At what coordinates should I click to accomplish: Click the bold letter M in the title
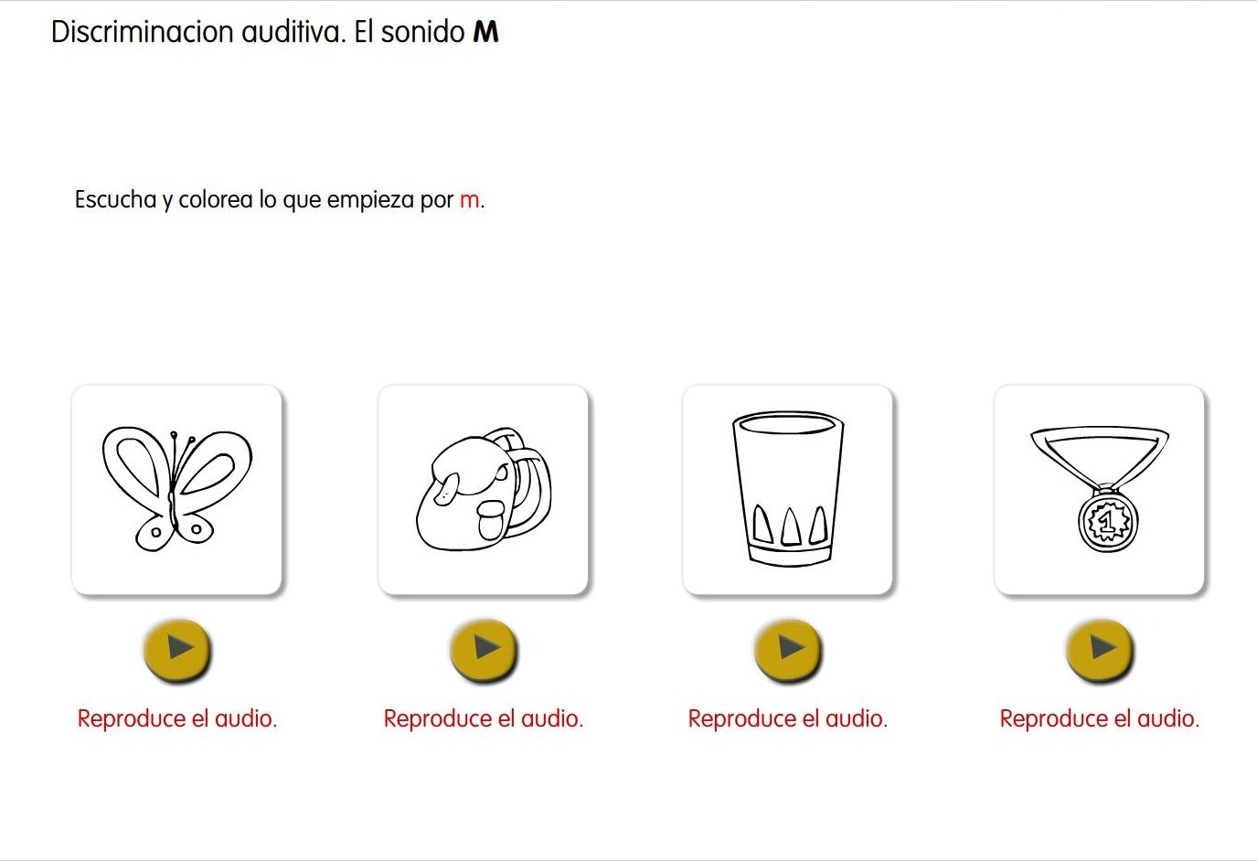click(x=485, y=33)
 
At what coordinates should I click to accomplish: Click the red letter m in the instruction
click(x=469, y=200)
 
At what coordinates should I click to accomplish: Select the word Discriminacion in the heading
click(x=143, y=32)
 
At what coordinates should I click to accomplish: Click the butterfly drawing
click(x=176, y=489)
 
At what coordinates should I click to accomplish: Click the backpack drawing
click(x=483, y=491)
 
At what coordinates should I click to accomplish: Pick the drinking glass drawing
click(x=787, y=489)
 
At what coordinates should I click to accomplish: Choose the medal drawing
click(x=1100, y=489)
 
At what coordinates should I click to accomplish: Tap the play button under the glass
click(x=789, y=649)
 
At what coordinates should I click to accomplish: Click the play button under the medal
click(x=1101, y=649)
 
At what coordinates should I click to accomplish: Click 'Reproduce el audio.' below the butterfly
click(x=177, y=718)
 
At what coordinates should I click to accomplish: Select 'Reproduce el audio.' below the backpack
click(x=484, y=718)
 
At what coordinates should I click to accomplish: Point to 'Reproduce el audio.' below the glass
click(x=788, y=718)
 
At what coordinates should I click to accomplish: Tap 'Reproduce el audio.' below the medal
click(x=1100, y=718)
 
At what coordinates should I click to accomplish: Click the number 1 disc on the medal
click(x=1107, y=522)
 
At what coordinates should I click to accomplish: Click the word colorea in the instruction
click(x=215, y=199)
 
